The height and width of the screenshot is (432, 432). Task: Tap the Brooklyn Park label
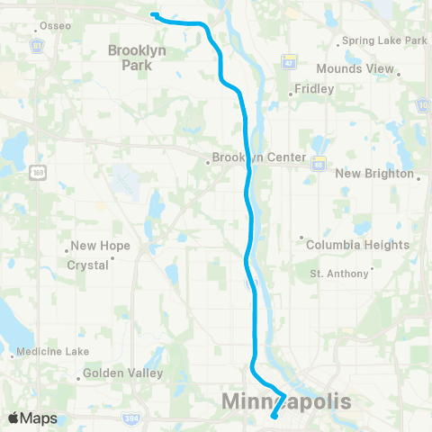click(137, 58)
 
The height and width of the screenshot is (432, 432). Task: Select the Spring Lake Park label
click(382, 41)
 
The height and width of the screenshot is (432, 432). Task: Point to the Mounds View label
click(357, 68)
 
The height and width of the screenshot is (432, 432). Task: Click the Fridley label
click(315, 89)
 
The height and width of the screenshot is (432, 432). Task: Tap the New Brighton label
click(373, 174)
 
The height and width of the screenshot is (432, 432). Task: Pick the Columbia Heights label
click(357, 245)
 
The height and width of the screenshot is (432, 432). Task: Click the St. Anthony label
click(338, 273)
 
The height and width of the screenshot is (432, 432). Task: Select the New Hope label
click(100, 246)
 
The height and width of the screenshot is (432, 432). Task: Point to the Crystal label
click(87, 265)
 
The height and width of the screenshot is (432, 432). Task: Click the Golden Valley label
click(122, 373)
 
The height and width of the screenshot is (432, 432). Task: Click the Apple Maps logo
click(32, 418)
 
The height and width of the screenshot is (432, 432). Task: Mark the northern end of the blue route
click(153, 14)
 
